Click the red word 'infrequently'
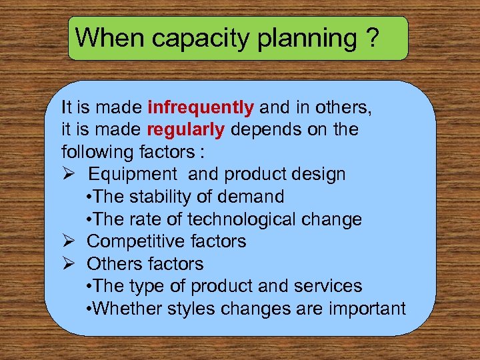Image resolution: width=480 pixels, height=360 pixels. pyautogui.click(x=201, y=107)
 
